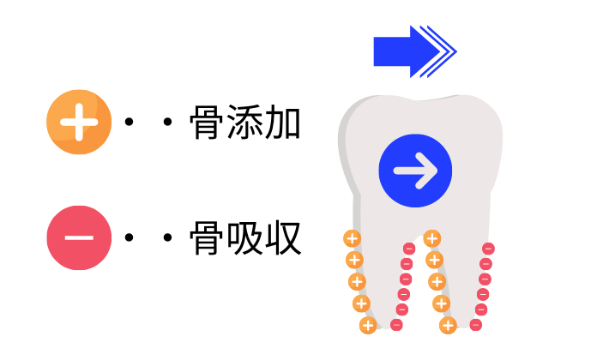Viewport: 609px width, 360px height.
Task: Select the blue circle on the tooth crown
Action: pos(415,171)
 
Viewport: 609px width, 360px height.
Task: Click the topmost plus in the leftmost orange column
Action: pos(352,238)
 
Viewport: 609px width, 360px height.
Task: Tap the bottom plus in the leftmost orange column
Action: pos(367,325)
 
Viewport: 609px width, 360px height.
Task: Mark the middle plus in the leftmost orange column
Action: pos(357,281)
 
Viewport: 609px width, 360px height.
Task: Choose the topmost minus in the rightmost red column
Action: pos(488,249)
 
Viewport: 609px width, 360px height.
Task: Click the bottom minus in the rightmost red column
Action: pos(476,325)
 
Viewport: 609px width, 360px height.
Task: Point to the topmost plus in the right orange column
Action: pos(431,238)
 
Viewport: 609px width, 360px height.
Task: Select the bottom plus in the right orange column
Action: pos(447,325)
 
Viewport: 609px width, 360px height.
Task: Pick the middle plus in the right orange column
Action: pos(437,281)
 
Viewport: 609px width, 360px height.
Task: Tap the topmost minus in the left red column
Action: pos(409,249)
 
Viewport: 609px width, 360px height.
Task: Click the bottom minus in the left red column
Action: pos(396,325)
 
